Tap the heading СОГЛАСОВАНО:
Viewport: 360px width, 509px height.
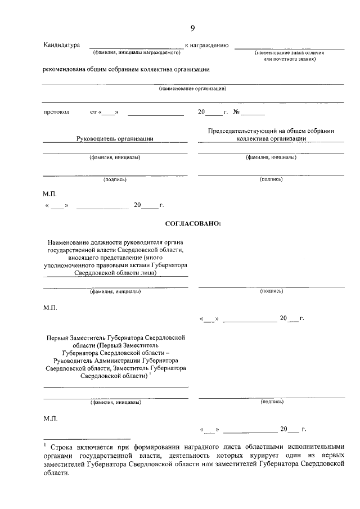(x=193, y=224)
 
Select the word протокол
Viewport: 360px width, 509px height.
(x=56, y=112)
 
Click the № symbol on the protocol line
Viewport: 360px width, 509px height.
(x=237, y=112)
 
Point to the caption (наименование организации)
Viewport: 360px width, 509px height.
(x=193, y=89)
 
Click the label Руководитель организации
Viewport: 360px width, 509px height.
(x=115, y=138)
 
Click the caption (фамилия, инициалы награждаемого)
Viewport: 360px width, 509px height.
(x=136, y=52)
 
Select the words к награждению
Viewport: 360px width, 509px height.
(x=206, y=44)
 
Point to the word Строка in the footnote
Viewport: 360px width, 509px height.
(x=63, y=445)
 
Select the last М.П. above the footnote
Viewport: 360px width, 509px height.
(x=50, y=419)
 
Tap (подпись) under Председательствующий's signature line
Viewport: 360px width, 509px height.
(x=271, y=179)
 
